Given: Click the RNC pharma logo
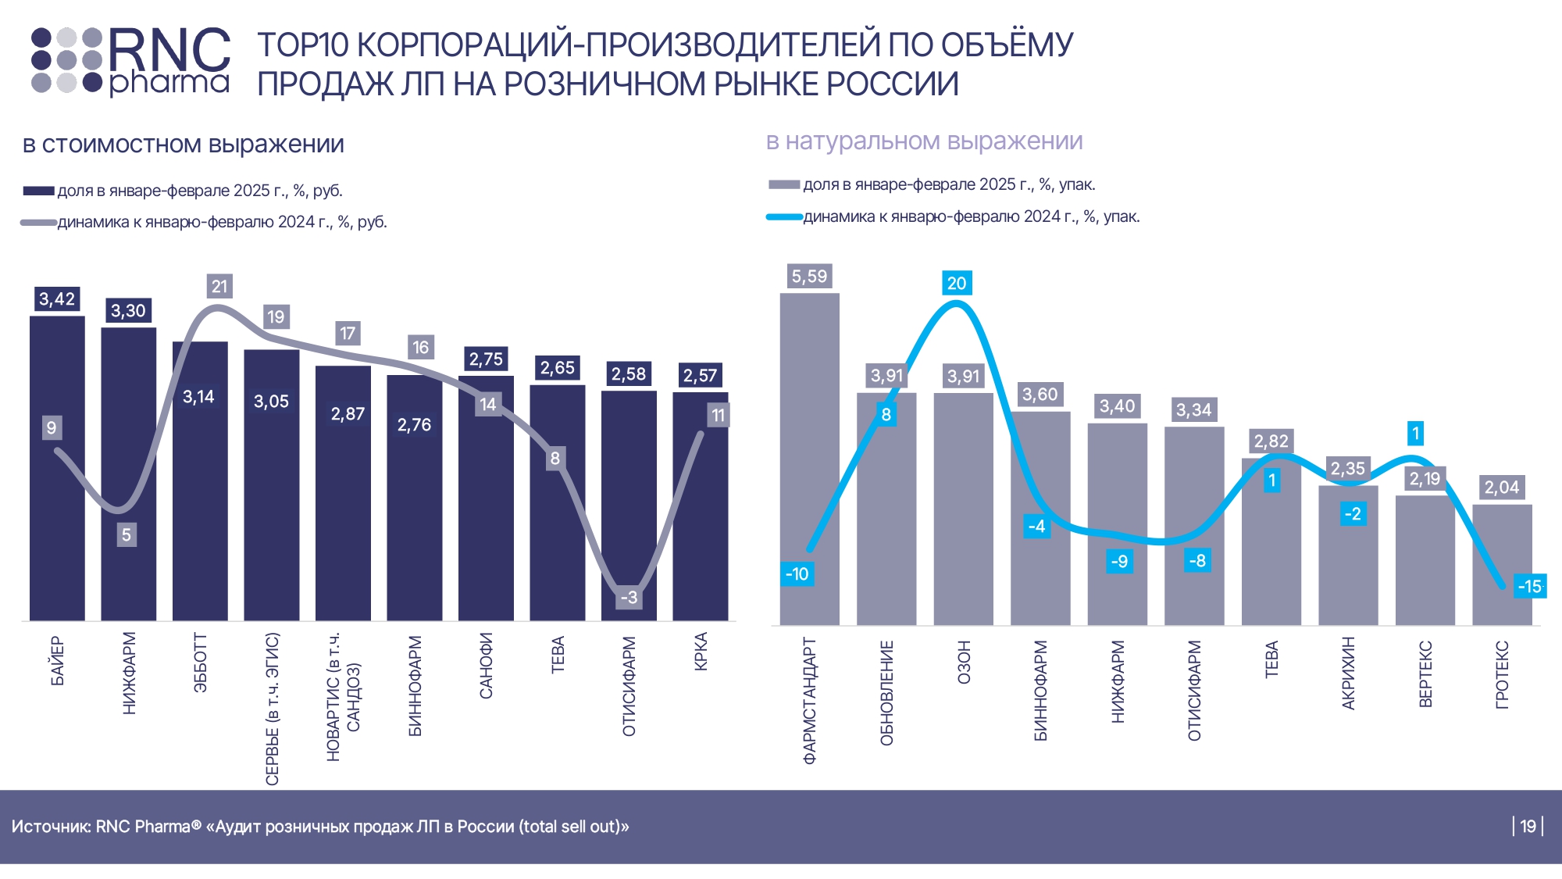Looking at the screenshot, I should [x=130, y=61].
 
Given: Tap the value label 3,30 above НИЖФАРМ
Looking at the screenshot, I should [x=128, y=311].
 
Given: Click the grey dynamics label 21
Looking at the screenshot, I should [x=219, y=287].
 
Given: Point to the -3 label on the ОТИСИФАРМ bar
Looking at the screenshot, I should [x=629, y=598].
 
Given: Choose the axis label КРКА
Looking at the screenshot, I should [x=701, y=652].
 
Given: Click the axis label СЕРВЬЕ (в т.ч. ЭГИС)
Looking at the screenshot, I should [x=272, y=708].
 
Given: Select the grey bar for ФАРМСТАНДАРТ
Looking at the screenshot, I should [x=809, y=438].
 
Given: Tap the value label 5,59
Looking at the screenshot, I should [x=809, y=277].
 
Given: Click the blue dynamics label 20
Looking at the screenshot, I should [x=957, y=284].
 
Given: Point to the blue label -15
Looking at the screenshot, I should [x=1529, y=587].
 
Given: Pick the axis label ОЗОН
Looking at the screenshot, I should [x=964, y=663].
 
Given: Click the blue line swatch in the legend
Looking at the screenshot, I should [x=784, y=217].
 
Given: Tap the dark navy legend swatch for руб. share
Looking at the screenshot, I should [x=38, y=191].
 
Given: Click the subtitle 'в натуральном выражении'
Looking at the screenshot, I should [x=924, y=141].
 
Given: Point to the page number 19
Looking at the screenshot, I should [x=1528, y=827].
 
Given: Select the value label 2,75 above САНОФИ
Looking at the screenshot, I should [x=486, y=359].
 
